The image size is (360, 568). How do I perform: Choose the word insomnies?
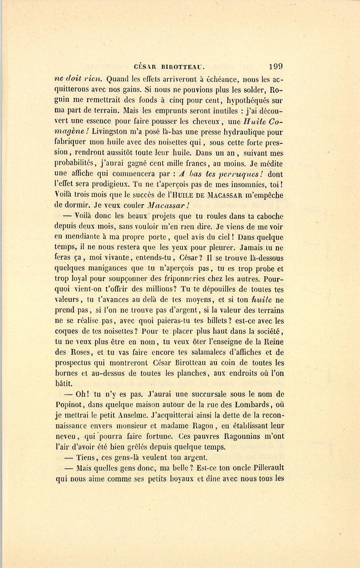[x=247, y=185]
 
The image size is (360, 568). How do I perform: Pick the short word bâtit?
[x=63, y=383]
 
